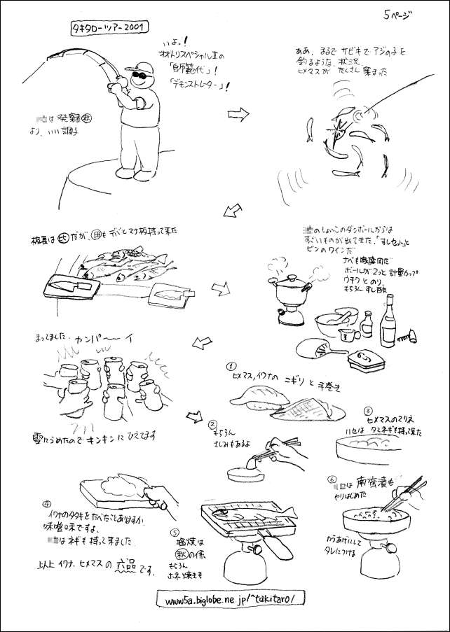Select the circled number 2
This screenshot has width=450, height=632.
point(212,424)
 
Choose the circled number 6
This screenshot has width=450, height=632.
point(332,480)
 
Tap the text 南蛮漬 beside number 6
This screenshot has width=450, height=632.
point(372,482)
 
